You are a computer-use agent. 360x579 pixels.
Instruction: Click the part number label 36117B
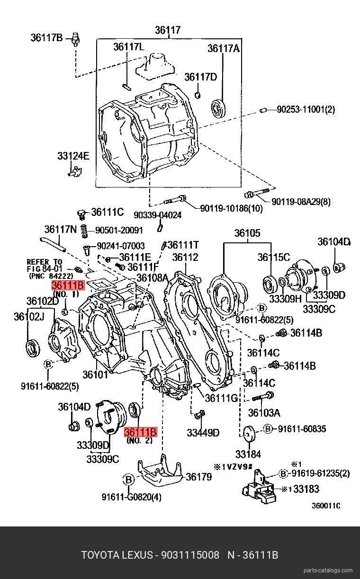coord(46,37)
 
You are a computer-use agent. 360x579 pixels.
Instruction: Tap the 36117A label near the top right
coord(224,48)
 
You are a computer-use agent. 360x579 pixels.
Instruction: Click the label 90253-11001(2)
coord(306,110)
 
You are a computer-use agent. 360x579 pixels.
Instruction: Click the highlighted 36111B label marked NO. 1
coord(68,285)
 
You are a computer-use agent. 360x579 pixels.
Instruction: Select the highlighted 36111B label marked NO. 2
coord(140,432)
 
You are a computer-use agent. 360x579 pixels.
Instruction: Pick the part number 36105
coord(247,233)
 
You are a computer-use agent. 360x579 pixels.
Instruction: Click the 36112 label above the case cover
coord(185,258)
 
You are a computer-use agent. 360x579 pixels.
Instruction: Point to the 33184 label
coord(248,454)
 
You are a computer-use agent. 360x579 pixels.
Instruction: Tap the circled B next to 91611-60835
coord(268,429)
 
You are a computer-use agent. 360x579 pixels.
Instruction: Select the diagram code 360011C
coord(326,505)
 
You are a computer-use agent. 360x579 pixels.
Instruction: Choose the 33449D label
coord(203,432)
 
